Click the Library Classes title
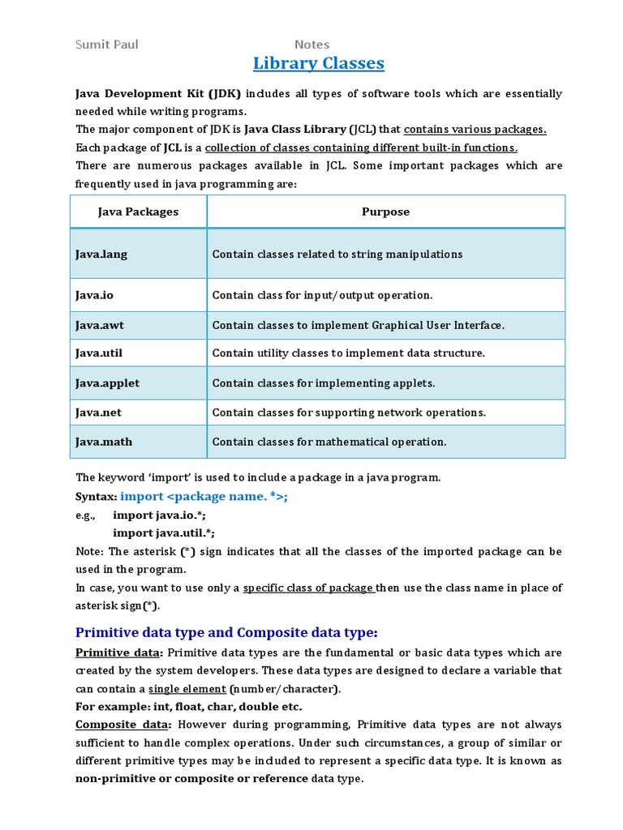coord(319,63)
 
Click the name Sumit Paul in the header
coord(107,44)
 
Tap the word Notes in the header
coord(311,45)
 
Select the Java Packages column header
coord(138,212)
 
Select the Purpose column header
coord(385,212)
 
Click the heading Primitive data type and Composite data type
coord(226,632)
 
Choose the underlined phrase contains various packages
coord(475,130)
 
